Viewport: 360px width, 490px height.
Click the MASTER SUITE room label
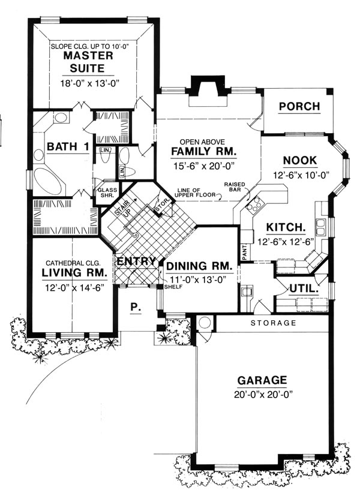pos(88,62)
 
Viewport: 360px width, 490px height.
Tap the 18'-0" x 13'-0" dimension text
pos(90,83)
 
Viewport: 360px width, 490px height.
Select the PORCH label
pos(299,107)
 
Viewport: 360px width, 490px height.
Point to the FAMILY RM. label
pos(203,151)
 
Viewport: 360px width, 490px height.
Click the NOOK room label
pos(300,161)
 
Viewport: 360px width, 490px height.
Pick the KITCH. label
pos(286,227)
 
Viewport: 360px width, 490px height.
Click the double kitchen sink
pos(320,227)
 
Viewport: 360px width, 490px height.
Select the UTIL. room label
pos(304,288)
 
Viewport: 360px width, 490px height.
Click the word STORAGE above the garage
pos(274,323)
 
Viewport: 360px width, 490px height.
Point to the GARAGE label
pos(262,380)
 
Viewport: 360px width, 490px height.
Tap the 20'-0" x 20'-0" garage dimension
pos(263,395)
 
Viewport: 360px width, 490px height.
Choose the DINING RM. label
pos(199,266)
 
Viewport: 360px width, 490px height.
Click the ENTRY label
pos(136,261)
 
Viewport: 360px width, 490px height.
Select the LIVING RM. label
pos(74,273)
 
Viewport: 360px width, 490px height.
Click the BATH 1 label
pos(68,146)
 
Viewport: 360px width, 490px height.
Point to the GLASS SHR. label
pos(107,193)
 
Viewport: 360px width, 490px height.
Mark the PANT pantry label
pos(245,252)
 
